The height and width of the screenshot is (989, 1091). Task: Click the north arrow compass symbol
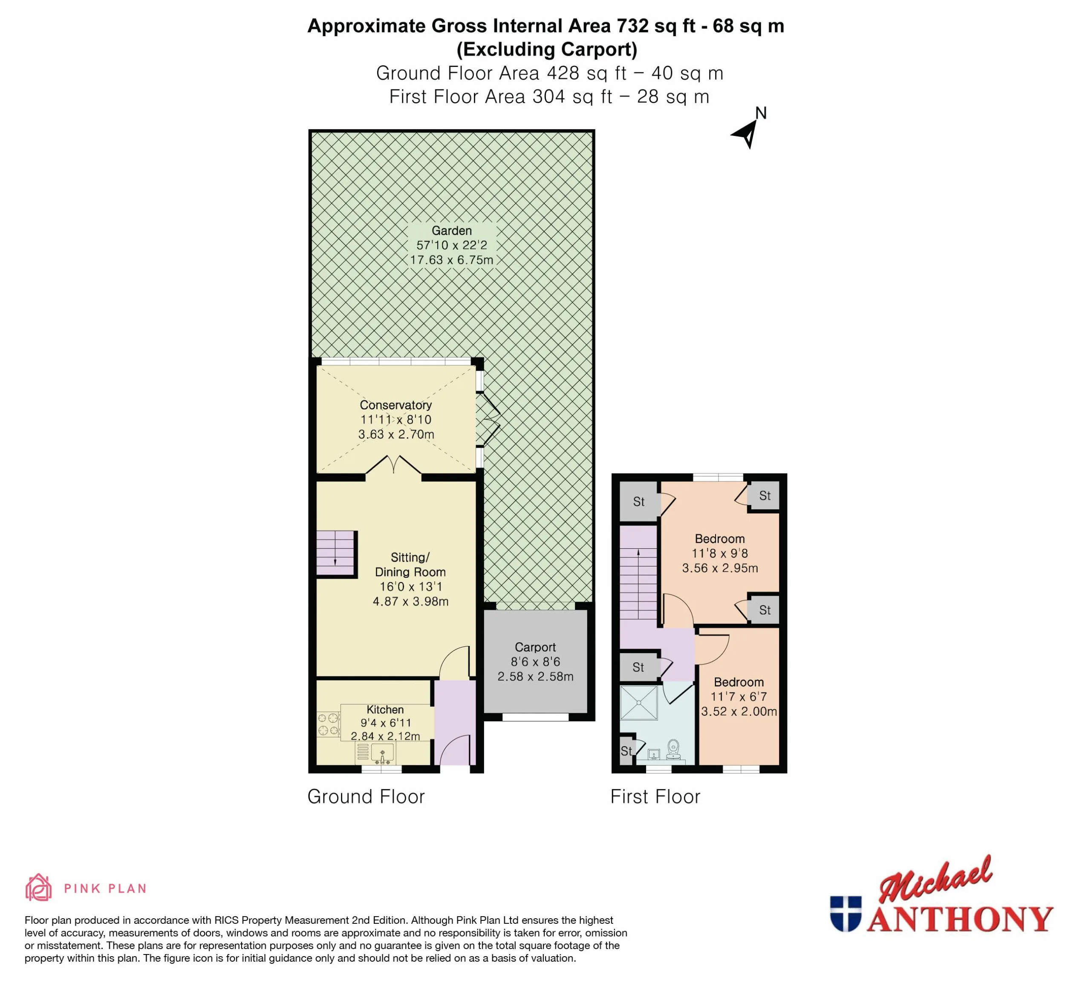748,134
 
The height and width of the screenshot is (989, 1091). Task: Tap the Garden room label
452,231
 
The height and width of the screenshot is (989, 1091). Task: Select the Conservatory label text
395,405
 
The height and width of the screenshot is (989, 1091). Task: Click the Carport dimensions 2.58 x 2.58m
535,676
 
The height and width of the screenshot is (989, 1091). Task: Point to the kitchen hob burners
328,724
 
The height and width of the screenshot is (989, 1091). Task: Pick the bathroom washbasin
654,754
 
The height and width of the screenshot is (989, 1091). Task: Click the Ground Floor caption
366,797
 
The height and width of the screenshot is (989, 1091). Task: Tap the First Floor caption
655,797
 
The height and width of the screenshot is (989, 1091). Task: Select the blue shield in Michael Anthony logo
845,914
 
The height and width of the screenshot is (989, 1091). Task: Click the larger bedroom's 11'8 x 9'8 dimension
720,554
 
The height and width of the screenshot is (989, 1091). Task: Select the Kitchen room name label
385,709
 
